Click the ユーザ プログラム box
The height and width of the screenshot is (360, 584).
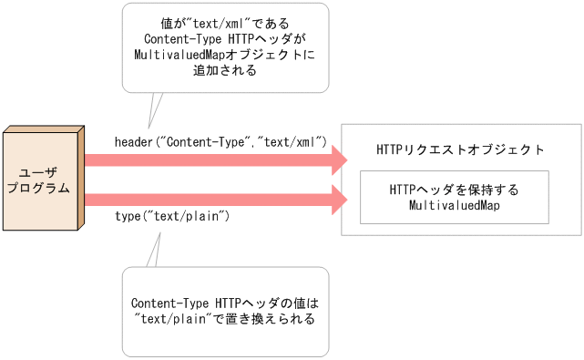pos(40,180)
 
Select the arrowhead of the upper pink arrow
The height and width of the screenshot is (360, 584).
pos(339,161)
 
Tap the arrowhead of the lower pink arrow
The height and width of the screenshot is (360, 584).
pos(339,199)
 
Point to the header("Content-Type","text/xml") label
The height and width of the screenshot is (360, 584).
pos(220,142)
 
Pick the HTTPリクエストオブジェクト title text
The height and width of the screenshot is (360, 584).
pos(461,149)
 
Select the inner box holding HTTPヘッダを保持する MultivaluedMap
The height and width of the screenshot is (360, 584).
pos(454,197)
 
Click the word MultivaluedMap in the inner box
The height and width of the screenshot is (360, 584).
pos(453,206)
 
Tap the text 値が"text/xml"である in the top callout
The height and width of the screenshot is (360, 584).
pos(225,22)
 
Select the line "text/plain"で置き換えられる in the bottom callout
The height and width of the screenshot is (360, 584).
pos(224,319)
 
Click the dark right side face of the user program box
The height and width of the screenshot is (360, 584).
pos(81,180)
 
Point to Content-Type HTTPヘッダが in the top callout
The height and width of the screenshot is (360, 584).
pos(225,38)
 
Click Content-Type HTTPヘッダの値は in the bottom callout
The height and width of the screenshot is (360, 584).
pos(224,303)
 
